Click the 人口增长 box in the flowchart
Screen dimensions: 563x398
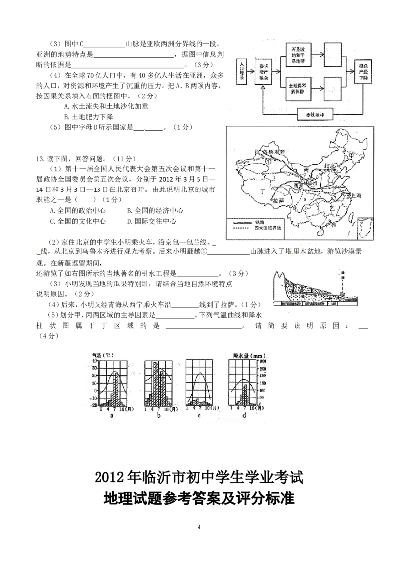242,72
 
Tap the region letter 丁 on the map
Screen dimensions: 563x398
262,191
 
